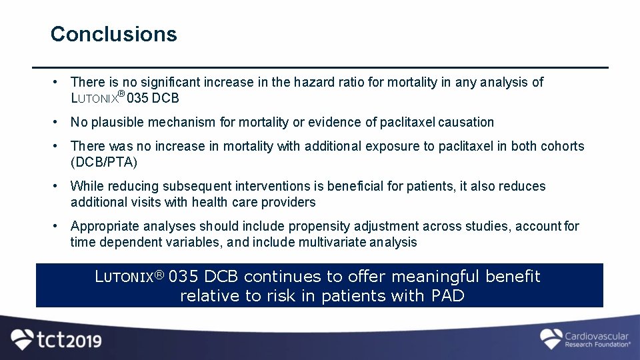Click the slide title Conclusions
pos(114,34)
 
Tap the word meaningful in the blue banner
pos(436,276)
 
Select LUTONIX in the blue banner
pos(129,277)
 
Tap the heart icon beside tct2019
pos(23,339)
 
